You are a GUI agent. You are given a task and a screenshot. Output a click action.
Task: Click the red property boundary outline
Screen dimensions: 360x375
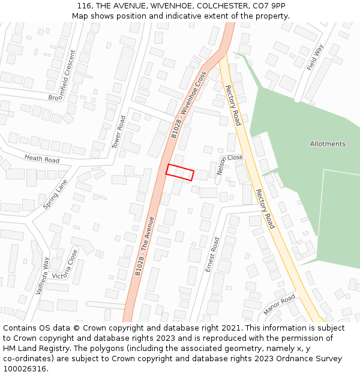[x=180, y=172]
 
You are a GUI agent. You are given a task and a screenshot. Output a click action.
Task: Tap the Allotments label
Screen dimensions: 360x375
[x=328, y=144]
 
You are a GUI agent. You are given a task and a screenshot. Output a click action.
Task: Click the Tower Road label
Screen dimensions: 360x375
[x=119, y=132]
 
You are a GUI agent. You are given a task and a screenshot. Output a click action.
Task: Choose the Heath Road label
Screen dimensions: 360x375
[x=42, y=159]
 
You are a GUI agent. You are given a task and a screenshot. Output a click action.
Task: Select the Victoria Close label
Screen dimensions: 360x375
[x=65, y=266]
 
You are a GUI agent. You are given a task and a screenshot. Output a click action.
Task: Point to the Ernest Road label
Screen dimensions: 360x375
[x=212, y=254]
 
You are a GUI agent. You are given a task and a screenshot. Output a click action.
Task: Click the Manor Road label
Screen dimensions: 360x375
[x=280, y=305]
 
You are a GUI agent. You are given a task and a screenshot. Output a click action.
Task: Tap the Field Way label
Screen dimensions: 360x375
[x=315, y=57]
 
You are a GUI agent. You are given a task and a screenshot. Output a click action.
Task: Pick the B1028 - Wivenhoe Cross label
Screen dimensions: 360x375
[x=188, y=105]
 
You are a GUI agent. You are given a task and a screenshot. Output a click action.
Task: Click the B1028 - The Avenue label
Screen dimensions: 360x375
[x=145, y=246]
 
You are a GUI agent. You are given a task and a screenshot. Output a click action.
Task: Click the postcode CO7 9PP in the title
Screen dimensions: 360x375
[x=269, y=6]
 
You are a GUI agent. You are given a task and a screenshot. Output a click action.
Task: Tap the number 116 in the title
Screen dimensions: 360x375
[x=84, y=6]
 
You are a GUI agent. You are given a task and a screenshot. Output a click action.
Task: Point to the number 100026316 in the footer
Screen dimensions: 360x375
[x=24, y=368]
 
